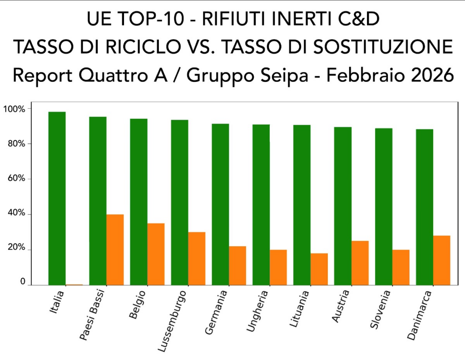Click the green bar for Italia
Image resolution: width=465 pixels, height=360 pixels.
pyautogui.click(x=57, y=198)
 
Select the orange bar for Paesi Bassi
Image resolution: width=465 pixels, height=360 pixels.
pyautogui.click(x=115, y=250)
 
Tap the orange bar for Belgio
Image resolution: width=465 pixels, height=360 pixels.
pyautogui.click(x=156, y=254)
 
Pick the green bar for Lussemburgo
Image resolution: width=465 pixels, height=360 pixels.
pyautogui.click(x=179, y=202)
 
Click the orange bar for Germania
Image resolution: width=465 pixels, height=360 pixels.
pyautogui.click(x=237, y=265)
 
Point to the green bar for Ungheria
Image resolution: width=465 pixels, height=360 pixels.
pyautogui.click(x=261, y=205)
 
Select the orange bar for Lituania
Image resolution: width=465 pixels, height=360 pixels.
pyautogui.click(x=319, y=269)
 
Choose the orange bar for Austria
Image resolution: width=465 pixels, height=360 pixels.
pyautogui.click(x=360, y=263)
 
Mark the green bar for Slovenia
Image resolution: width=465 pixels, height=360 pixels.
pyautogui.click(x=384, y=206)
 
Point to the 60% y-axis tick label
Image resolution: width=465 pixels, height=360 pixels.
pyautogui.click(x=15, y=179)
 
